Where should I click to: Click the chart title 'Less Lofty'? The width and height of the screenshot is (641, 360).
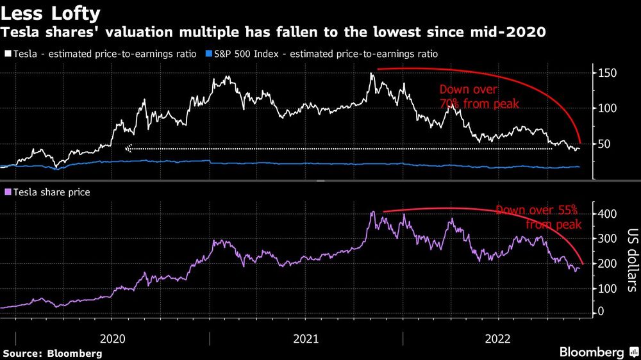51,13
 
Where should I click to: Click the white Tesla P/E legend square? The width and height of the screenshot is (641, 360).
7,54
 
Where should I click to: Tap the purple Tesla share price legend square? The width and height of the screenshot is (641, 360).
7,192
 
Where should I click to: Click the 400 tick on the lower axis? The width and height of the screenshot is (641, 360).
608,213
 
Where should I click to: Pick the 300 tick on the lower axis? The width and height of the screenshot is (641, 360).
608,238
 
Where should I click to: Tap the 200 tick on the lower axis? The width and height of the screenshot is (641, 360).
608,263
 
